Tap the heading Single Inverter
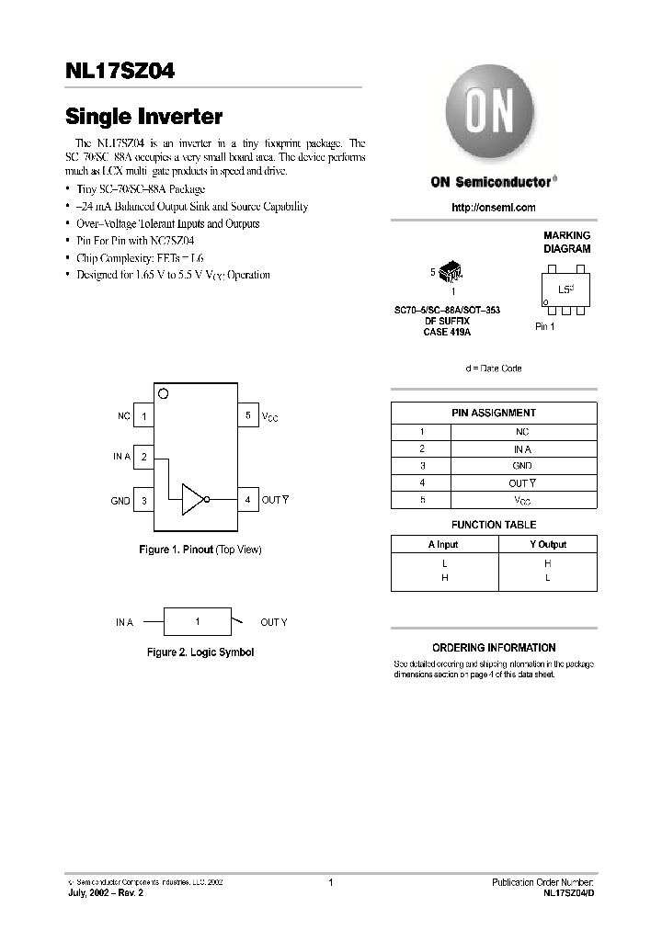pos(143,117)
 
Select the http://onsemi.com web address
pos(493,208)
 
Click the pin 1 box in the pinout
pos(143,416)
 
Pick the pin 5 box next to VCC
pos(247,416)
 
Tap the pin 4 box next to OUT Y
pos(247,500)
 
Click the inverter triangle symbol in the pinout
pos(192,500)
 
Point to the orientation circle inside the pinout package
pos(164,394)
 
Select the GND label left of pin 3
pos(120,501)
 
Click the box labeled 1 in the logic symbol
pos(197,622)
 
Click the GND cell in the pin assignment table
pos(521,466)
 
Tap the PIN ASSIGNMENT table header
pos(493,413)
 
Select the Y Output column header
pos(546,544)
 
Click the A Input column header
pos(443,544)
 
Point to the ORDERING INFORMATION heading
pos(493,647)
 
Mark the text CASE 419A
pos(447,332)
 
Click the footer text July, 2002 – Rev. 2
pos(106,892)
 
